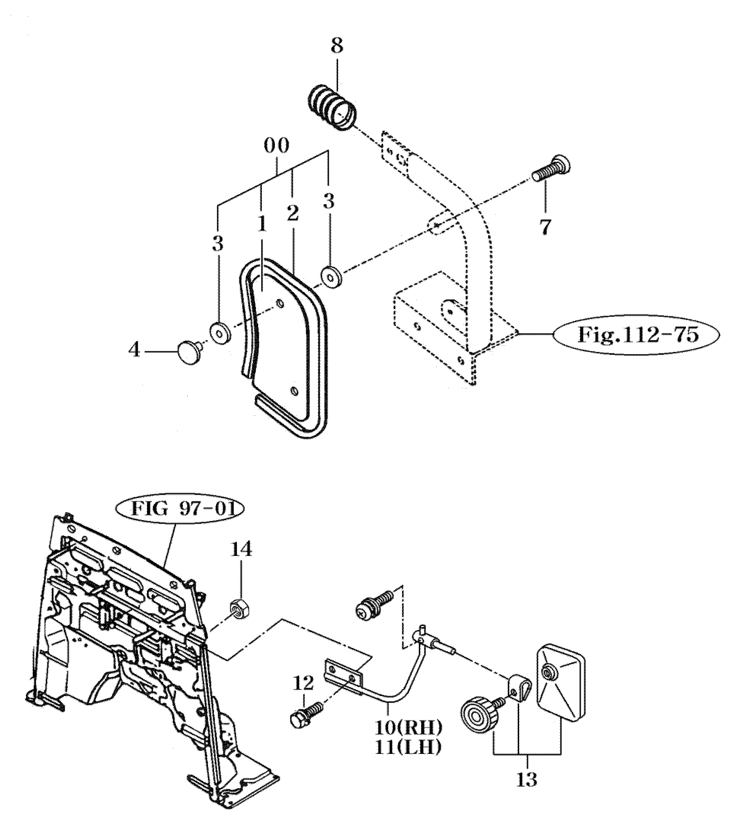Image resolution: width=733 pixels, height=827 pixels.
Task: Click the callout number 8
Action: [x=336, y=46]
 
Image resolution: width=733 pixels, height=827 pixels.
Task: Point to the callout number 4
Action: [x=134, y=349]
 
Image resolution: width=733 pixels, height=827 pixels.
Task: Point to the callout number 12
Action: [x=303, y=684]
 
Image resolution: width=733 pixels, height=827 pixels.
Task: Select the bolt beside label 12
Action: [x=305, y=718]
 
